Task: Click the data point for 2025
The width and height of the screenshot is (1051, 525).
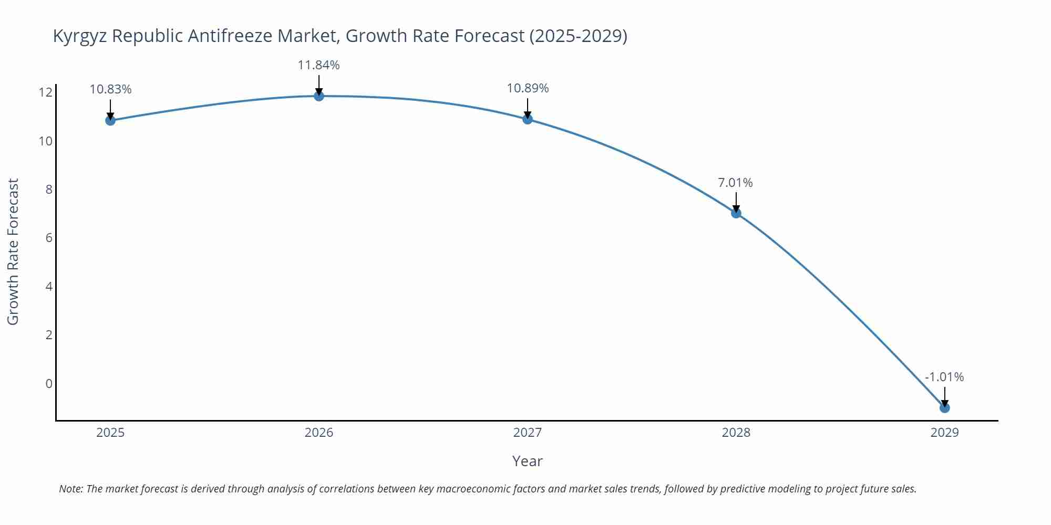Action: pos(110,120)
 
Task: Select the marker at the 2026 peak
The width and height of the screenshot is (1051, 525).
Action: pos(319,96)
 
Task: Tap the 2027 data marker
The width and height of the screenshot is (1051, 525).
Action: pos(528,119)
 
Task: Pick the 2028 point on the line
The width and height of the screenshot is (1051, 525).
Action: pos(736,213)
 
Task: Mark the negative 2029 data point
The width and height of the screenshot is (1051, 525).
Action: pos(944,407)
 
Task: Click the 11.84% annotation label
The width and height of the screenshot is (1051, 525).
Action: pos(318,65)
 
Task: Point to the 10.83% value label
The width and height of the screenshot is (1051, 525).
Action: pos(110,89)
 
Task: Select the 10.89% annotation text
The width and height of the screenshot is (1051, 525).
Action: pos(528,88)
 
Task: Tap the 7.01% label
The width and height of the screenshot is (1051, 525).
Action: pos(735,183)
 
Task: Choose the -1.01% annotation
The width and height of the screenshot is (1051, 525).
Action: pos(944,377)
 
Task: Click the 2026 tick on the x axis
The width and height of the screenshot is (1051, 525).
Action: pos(319,433)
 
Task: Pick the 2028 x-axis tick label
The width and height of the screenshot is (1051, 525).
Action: pos(736,433)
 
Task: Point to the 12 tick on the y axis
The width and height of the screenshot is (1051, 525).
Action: pos(46,93)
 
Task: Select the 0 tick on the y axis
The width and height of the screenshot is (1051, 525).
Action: pos(49,384)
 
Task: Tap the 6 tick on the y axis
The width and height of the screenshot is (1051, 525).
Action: pos(49,238)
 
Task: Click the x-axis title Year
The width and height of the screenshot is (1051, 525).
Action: pos(527,461)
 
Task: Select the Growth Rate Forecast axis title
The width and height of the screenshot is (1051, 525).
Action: pos(13,251)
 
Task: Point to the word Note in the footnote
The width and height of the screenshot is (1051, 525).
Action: pos(70,489)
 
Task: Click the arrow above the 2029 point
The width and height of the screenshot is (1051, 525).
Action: pos(944,396)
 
